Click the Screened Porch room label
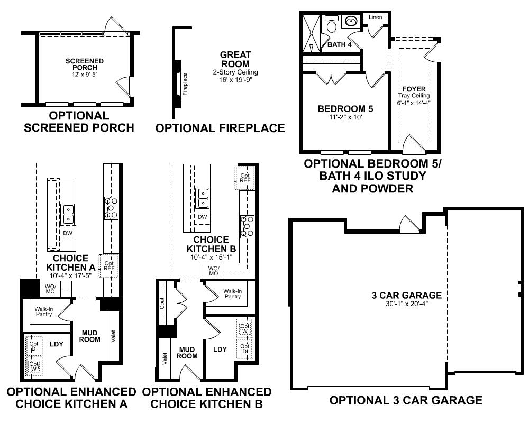[85, 65]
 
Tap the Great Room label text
[235, 59]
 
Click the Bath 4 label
[339, 44]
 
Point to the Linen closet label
[375, 17]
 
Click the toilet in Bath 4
[332, 25]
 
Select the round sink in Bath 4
[351, 22]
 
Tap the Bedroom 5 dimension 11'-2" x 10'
[345, 118]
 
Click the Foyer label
[414, 89]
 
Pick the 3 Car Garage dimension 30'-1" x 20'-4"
[406, 304]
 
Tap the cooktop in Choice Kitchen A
[111, 208]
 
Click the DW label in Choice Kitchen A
[67, 233]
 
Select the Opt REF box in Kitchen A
[110, 265]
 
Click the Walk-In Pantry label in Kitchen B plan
[232, 293]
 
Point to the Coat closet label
[162, 302]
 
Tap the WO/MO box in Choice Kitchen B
[213, 271]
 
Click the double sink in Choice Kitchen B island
[202, 198]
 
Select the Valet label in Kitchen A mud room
[113, 336]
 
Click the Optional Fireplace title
[220, 128]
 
